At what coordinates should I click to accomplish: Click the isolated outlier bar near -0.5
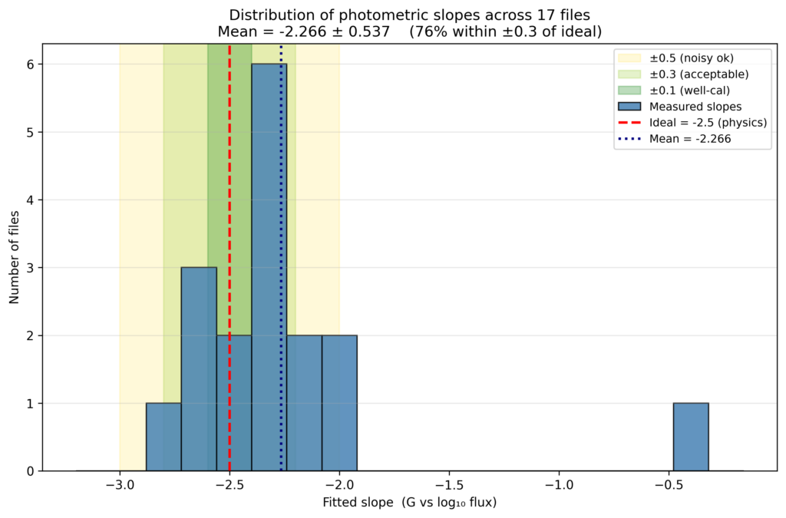click(691, 437)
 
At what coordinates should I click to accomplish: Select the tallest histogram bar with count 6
click(269, 268)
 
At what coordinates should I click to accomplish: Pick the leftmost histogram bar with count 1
click(163, 437)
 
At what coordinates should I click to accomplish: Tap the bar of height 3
click(199, 369)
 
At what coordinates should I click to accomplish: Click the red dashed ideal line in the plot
click(230, 258)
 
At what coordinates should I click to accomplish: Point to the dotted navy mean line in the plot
click(281, 258)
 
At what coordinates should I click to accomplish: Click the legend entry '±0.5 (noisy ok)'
click(675, 58)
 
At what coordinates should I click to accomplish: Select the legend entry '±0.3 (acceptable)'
click(683, 74)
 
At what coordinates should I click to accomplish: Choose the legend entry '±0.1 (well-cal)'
click(674, 91)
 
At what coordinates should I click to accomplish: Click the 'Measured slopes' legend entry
click(680, 106)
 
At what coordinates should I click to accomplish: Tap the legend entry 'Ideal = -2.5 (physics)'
click(692, 122)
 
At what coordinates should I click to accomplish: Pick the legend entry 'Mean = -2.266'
click(674, 139)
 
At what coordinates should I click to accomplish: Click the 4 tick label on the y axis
click(31, 200)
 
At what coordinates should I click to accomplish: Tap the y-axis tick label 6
click(31, 64)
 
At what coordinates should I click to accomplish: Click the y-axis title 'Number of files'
click(14, 258)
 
